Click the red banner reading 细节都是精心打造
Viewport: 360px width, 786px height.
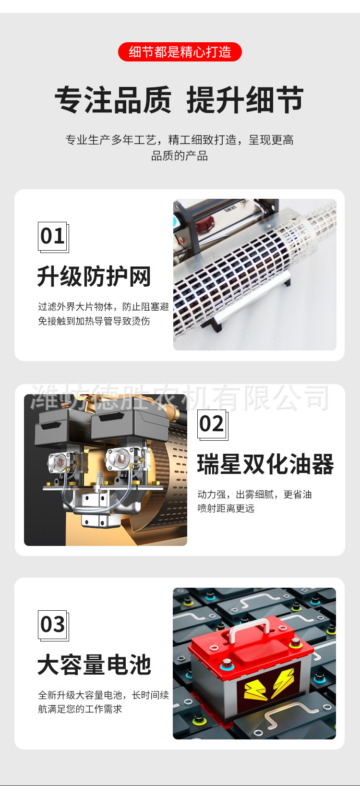pyautogui.click(x=180, y=52)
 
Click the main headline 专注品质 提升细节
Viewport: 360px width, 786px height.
pyautogui.click(x=179, y=100)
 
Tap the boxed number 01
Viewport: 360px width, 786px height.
pyautogui.click(x=53, y=236)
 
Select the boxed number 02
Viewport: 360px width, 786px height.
pyautogui.click(x=212, y=424)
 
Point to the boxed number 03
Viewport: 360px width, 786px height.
pyautogui.click(x=53, y=625)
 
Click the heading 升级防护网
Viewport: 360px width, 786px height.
pyautogui.click(x=94, y=277)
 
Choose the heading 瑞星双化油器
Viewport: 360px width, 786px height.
pyautogui.click(x=265, y=464)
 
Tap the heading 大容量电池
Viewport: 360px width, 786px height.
pyautogui.click(x=94, y=665)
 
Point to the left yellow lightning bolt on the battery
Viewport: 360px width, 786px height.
pyautogui.click(x=255, y=689)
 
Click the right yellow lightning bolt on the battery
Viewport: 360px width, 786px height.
pyautogui.click(x=283, y=682)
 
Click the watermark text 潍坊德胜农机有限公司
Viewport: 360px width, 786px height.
pyautogui.click(x=180, y=398)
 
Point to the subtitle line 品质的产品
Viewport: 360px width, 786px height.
pyautogui.click(x=180, y=156)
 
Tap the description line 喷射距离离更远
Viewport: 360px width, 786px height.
pyautogui.click(x=226, y=508)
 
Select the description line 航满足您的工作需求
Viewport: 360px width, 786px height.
pyautogui.click(x=80, y=709)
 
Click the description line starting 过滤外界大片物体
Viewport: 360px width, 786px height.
pyautogui.click(x=104, y=306)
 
